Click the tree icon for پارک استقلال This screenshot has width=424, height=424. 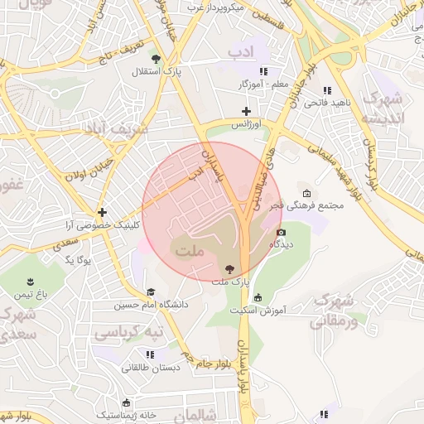[155, 58]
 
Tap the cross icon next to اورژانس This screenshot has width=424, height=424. [245, 110]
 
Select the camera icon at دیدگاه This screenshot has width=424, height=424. [281, 233]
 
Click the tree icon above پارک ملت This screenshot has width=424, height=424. [229, 268]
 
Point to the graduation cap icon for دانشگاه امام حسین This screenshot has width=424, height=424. [151, 291]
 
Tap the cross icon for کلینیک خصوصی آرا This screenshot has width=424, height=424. [102, 212]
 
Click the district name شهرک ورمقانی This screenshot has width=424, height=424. [336, 310]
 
